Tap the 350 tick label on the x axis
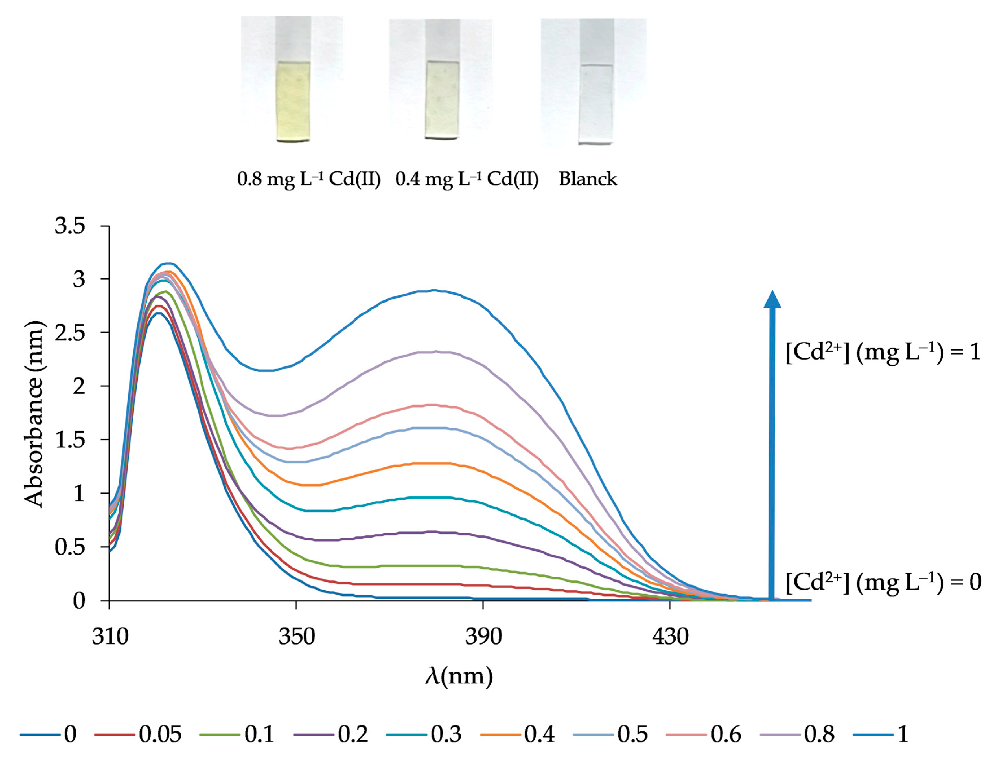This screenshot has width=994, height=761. pos(296,636)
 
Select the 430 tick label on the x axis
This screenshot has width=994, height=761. pos(670,636)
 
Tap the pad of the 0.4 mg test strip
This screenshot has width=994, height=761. pos(442,100)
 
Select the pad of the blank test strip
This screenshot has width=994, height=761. pos(595,104)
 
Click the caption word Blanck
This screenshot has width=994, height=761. pos(587,179)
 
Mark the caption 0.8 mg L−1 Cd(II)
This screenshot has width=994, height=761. pos(309,179)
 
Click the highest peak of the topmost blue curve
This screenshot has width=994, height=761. pos(168,263)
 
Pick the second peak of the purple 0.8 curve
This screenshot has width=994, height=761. pos(435,351)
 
